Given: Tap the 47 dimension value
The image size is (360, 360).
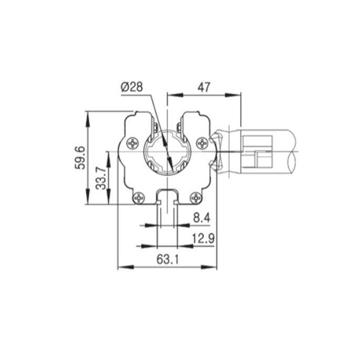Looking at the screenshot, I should coord(204,87).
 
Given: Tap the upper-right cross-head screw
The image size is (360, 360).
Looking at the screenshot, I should coord(202,142).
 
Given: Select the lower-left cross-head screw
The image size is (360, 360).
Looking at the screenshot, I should coord(139,197).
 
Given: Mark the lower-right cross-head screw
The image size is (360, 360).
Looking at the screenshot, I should coord(196,197).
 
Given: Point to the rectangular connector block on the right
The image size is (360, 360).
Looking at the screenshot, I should coord(257,152).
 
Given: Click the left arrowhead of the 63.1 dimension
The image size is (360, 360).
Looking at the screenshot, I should coord(121,268).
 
